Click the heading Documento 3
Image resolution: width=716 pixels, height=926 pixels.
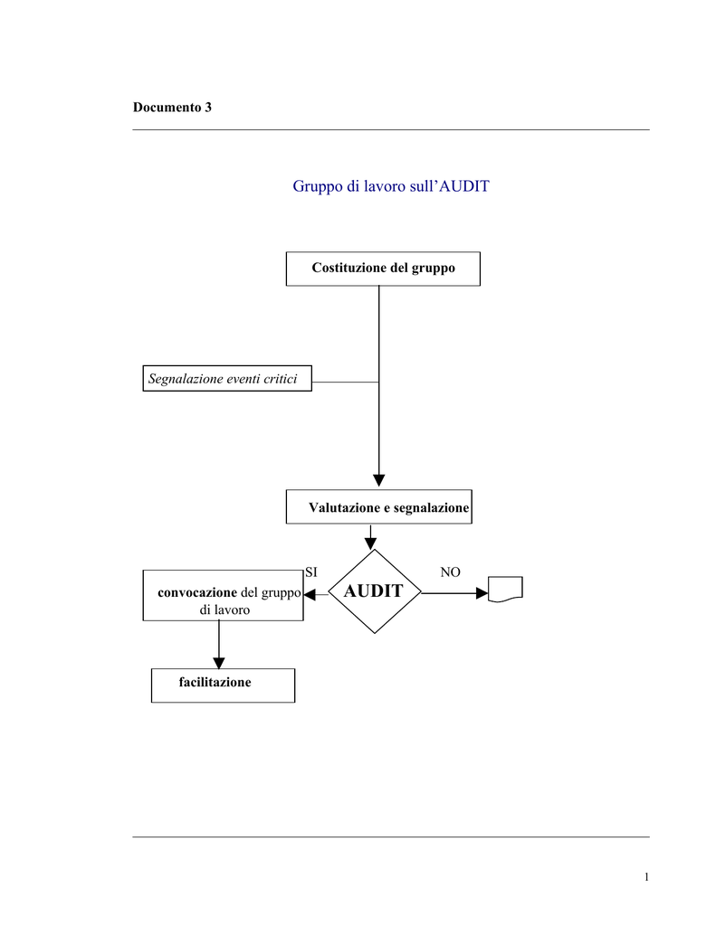172,107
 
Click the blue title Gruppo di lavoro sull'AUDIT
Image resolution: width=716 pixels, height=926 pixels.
391,186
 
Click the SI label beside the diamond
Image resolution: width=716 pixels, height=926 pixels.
311,572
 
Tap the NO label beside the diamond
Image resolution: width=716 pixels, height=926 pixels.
450,572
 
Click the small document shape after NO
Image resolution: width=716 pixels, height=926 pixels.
505,589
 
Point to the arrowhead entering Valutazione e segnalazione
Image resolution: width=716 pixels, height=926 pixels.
379,480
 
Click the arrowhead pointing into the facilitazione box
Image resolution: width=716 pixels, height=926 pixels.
219,663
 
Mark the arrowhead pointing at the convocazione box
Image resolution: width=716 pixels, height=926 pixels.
310,595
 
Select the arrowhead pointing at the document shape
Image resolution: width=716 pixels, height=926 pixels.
482,593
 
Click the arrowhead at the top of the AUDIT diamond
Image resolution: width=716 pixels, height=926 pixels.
371,543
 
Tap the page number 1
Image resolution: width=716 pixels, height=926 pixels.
646,877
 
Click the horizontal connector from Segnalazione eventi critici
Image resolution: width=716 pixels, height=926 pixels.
345,383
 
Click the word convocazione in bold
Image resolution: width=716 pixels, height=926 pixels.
197,592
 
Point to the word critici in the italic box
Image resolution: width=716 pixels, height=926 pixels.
282,379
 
